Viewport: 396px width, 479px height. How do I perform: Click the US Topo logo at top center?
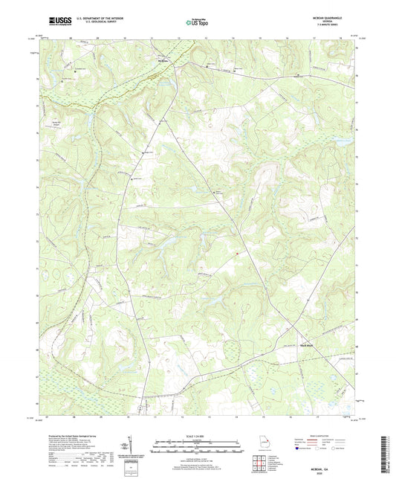click(x=192, y=23)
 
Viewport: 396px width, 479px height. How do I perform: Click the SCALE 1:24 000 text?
click(x=197, y=435)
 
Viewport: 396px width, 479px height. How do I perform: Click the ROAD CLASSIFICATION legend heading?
click(x=325, y=436)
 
